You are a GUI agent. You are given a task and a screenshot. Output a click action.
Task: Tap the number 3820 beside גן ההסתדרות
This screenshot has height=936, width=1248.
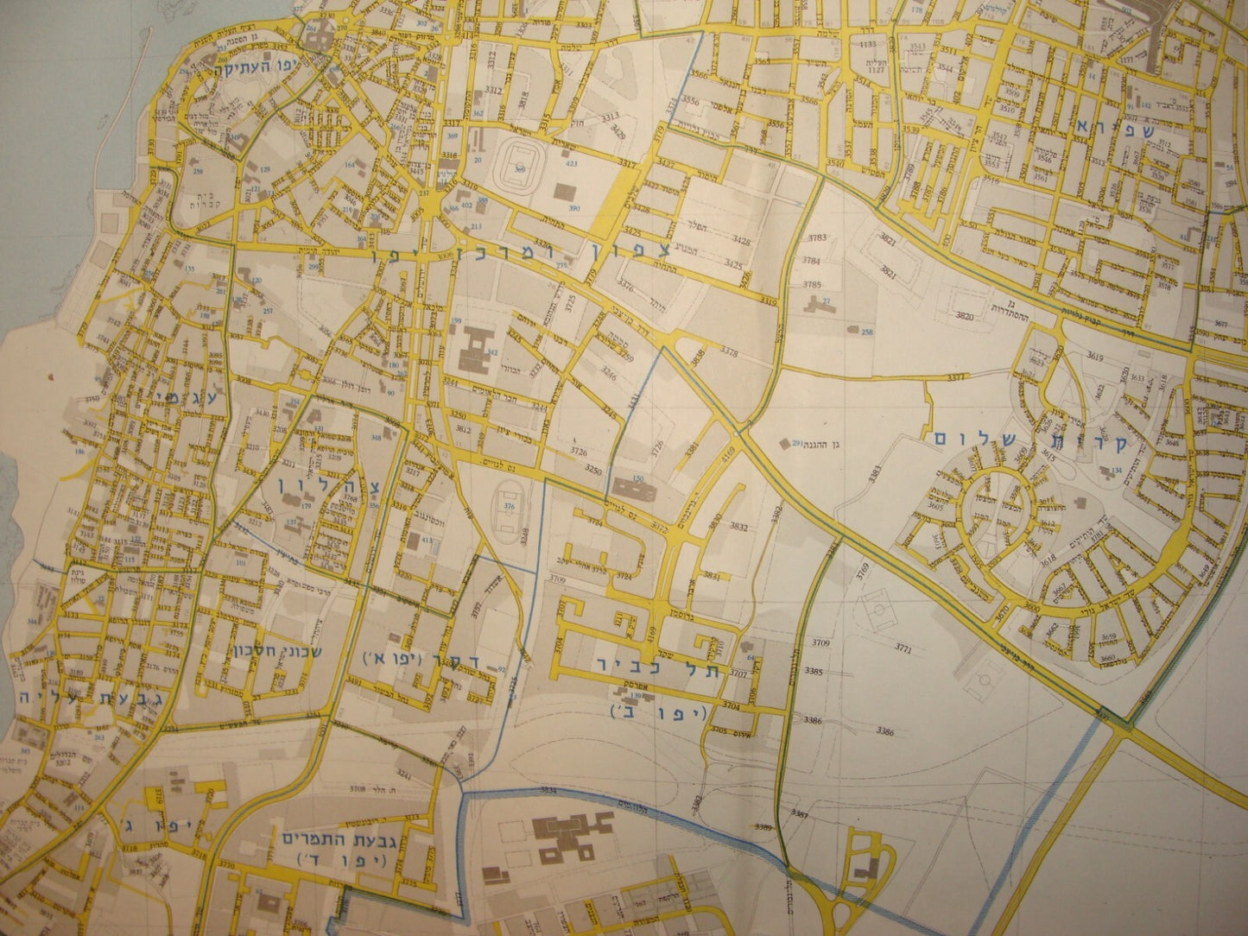tap(965, 317)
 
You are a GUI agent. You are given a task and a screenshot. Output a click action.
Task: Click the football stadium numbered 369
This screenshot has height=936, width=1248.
tap(520, 159)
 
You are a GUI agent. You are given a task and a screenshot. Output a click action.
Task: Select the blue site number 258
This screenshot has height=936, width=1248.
tap(867, 332)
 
